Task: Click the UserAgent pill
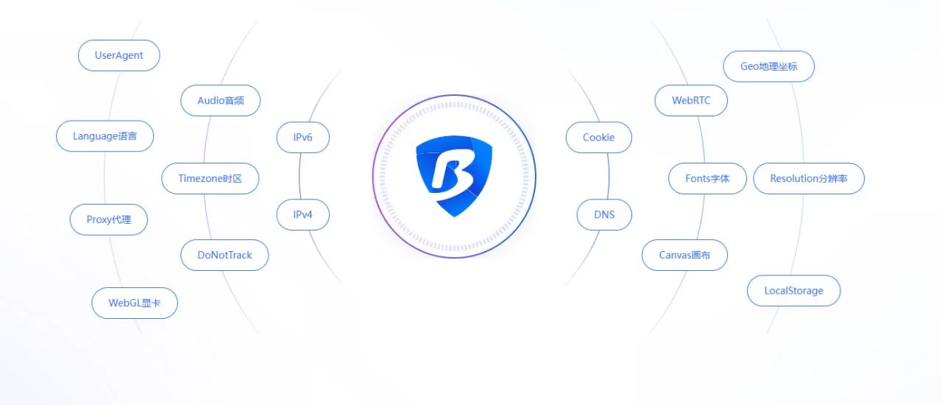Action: (x=119, y=55)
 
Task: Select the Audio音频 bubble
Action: (x=220, y=100)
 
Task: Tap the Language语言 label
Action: (x=105, y=136)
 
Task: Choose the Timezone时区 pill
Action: (x=210, y=178)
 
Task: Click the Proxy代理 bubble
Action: (x=109, y=219)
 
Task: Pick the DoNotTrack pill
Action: (x=224, y=255)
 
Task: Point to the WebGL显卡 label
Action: (x=135, y=303)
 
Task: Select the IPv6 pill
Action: (x=302, y=137)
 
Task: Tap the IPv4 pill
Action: (x=302, y=215)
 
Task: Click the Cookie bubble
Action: (x=598, y=137)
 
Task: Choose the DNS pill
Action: (x=604, y=215)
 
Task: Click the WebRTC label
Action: (x=691, y=100)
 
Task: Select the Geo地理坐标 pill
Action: (x=768, y=66)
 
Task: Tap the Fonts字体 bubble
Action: (x=707, y=178)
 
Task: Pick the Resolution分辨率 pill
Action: (x=808, y=178)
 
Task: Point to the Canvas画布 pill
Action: (x=684, y=255)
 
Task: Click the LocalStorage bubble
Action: (x=793, y=290)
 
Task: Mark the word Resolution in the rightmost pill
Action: (x=794, y=178)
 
